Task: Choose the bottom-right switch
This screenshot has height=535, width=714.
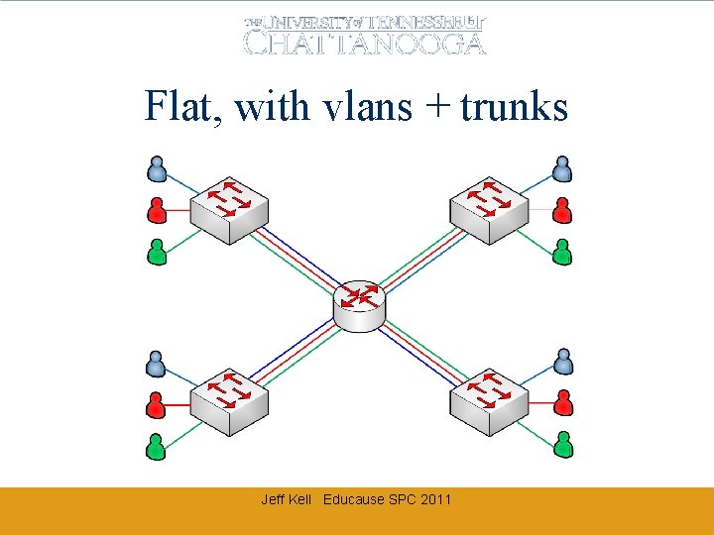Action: coord(487,402)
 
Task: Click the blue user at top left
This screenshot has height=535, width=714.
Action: coord(157,170)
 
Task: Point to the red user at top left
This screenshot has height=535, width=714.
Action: coord(157,210)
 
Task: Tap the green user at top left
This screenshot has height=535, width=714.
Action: coord(157,252)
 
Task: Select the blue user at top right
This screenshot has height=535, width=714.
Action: coord(562,170)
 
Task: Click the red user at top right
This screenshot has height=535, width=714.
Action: coord(562,210)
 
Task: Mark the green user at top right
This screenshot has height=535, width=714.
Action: coord(562,252)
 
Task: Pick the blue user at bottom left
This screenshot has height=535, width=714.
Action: coord(157,364)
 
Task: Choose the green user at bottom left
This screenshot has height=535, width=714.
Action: coord(157,445)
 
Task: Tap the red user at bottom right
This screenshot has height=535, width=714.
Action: coord(563,403)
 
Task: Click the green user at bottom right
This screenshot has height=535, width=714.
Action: coord(563,445)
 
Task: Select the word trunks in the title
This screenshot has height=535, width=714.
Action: coord(514,106)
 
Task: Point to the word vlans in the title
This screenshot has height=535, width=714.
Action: coord(366,106)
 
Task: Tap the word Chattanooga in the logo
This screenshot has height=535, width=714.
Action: coord(365,43)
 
